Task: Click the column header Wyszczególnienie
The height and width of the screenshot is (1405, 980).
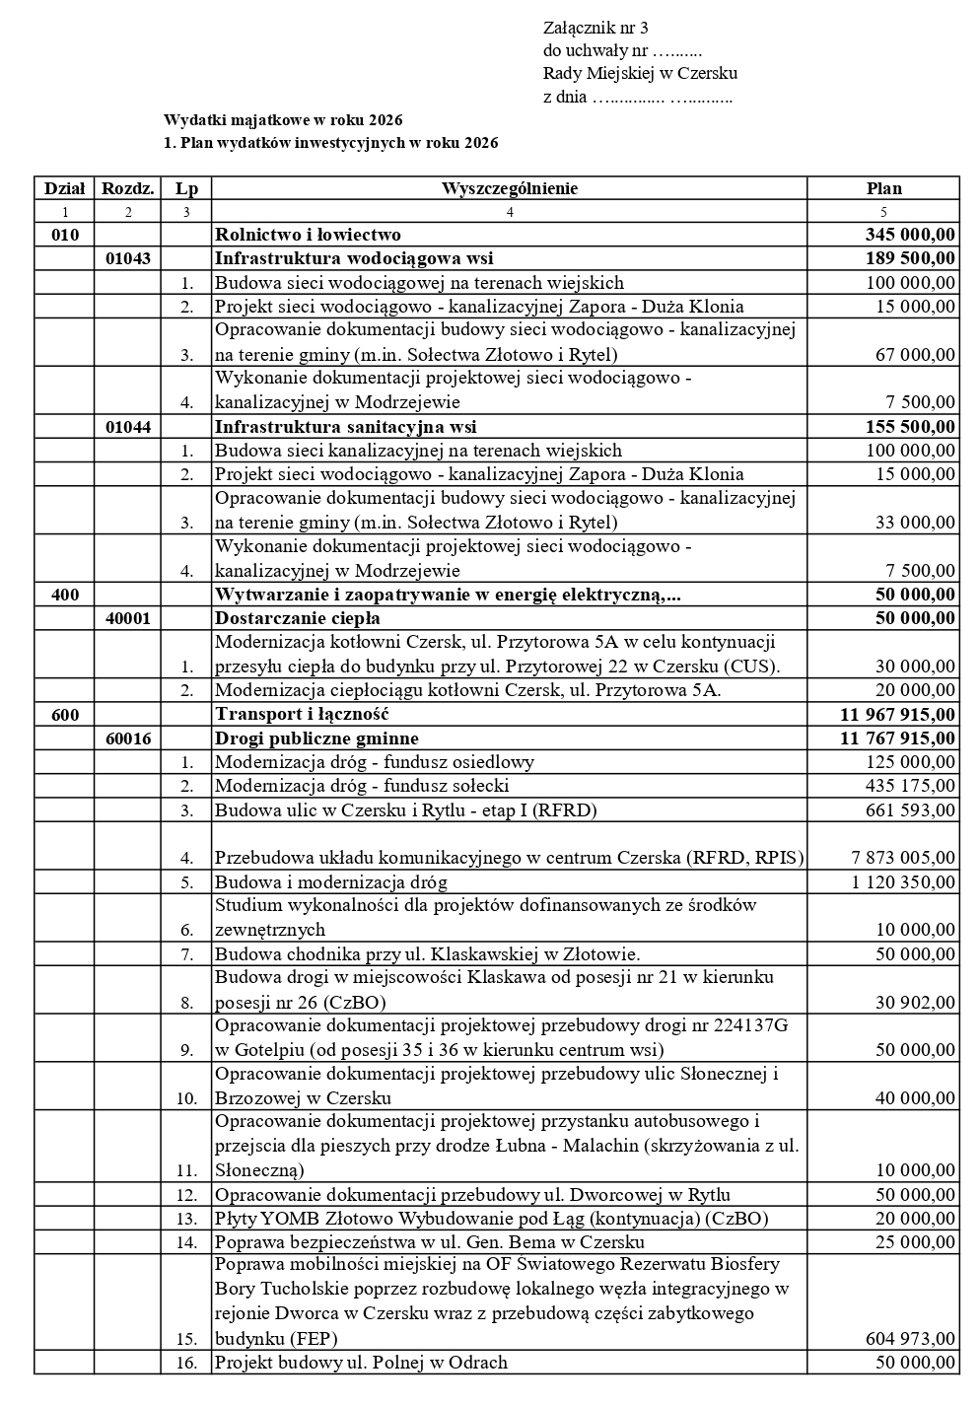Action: point(509,188)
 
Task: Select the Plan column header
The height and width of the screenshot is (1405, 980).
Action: point(883,188)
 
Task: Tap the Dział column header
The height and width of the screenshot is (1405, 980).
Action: point(64,188)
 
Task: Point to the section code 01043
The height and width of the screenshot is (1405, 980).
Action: point(128,258)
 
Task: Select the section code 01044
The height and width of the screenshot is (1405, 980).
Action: point(128,427)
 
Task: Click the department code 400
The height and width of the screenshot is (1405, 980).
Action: point(65,595)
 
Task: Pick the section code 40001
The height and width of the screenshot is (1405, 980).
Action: point(128,618)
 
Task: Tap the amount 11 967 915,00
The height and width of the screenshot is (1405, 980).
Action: point(897,714)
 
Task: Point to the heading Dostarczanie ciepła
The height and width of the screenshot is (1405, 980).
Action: point(298,618)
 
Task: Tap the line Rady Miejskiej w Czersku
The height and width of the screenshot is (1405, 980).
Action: point(640,73)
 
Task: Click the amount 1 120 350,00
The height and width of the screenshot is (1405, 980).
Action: point(903,882)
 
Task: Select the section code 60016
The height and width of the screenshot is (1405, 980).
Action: point(128,738)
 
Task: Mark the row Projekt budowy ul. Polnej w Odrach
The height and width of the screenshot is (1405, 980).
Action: point(361,1363)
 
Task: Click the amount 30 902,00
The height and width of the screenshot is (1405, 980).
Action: point(915,1002)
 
